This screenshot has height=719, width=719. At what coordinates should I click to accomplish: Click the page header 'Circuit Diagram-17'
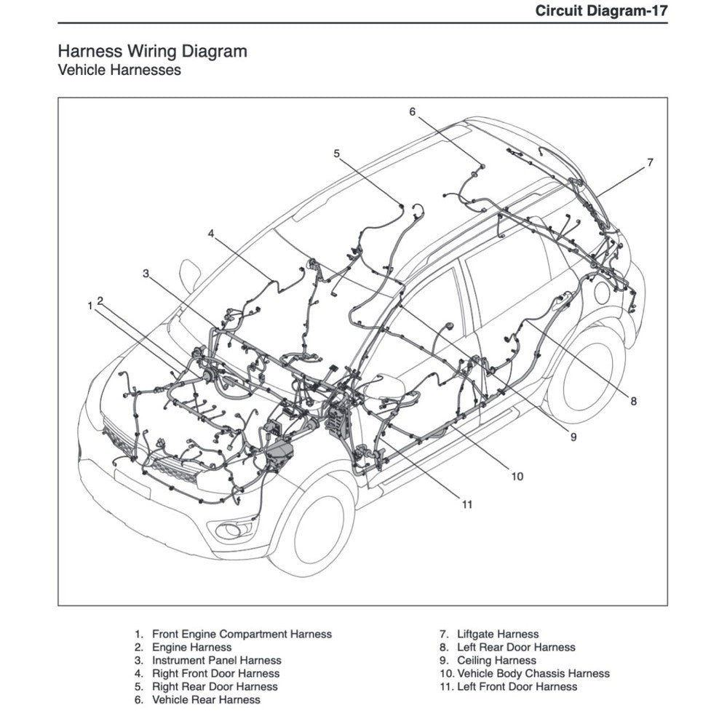click(x=600, y=11)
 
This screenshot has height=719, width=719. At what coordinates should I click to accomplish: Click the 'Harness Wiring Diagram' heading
click(x=151, y=52)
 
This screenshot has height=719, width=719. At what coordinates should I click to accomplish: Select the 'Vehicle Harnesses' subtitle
click(x=119, y=71)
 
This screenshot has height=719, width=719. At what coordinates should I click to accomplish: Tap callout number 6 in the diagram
click(x=412, y=112)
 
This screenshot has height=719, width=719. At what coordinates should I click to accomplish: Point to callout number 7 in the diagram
click(x=650, y=162)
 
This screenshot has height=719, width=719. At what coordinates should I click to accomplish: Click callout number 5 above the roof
click(x=336, y=154)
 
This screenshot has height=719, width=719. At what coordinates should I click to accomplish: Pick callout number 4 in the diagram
click(x=210, y=234)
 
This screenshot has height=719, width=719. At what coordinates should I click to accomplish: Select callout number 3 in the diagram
click(x=146, y=274)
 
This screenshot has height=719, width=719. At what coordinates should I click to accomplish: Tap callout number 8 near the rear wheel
click(x=633, y=401)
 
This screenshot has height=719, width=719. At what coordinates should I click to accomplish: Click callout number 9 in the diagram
click(x=573, y=437)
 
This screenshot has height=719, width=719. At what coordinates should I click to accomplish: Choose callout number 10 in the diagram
click(x=516, y=477)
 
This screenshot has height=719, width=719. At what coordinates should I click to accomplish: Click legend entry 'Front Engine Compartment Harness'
click(x=241, y=635)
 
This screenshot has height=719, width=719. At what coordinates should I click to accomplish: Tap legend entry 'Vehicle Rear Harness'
click(x=205, y=700)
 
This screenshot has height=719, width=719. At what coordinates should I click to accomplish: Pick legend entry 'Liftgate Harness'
click(x=498, y=635)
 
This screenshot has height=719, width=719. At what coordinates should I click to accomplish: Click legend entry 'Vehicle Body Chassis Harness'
click(x=533, y=674)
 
